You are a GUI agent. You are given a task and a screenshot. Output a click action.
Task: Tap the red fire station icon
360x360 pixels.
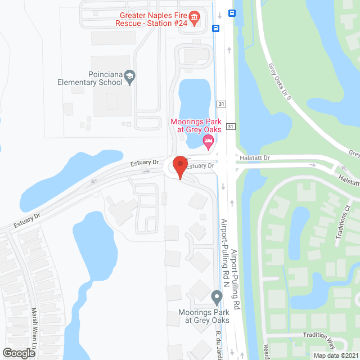[x=195, y=19]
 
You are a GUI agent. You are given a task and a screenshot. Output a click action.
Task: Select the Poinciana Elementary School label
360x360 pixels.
[x=90, y=78]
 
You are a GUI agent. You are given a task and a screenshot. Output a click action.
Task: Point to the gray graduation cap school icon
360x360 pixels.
[x=130, y=76]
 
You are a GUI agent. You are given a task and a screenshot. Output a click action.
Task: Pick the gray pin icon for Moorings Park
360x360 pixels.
[x=217, y=296]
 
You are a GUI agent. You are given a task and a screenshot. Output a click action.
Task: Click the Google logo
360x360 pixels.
[x=18, y=353]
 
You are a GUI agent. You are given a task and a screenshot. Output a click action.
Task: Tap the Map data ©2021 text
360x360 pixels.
[x=335, y=355]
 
